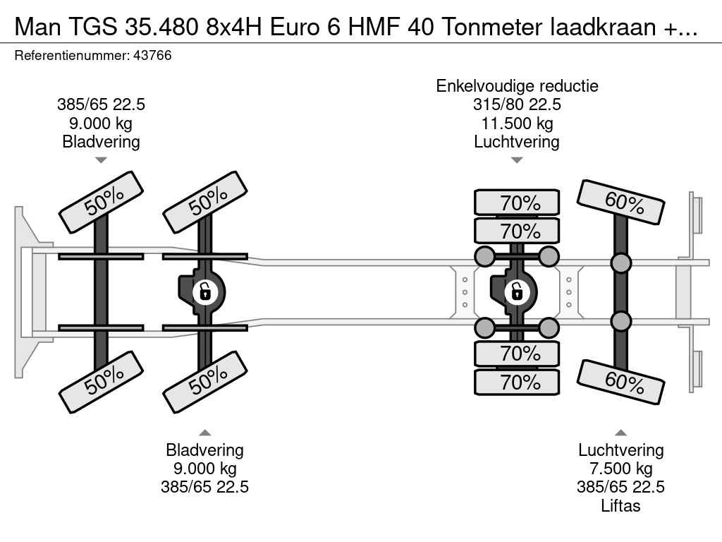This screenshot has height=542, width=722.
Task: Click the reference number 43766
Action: [x=152, y=55]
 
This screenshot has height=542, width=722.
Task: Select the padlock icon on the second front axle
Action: [x=204, y=291]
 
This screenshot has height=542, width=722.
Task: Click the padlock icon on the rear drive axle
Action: [x=517, y=290]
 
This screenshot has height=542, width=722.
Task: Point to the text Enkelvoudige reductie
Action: [x=517, y=86]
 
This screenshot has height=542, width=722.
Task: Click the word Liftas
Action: [x=620, y=505]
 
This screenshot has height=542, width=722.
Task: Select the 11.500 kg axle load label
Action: [x=517, y=123]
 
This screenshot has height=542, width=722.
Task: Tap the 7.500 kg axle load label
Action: [x=620, y=469]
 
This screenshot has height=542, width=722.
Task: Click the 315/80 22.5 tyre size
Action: [x=517, y=104]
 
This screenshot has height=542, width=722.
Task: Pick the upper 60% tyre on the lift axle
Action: [x=622, y=203]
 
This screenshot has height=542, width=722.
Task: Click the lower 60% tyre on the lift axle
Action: [x=622, y=382]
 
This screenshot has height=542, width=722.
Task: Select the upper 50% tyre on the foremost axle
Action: [x=102, y=202]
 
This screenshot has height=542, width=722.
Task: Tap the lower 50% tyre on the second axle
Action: [x=205, y=383]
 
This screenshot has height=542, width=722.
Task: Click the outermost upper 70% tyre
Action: [x=517, y=203]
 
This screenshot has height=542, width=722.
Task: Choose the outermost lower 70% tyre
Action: [x=517, y=382]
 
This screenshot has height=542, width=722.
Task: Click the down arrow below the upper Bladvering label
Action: [x=101, y=160]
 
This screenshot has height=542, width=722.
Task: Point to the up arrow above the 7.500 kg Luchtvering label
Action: [x=620, y=433]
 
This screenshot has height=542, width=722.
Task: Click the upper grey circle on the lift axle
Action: [x=620, y=263]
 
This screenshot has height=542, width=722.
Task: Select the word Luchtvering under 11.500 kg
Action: [x=517, y=141]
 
